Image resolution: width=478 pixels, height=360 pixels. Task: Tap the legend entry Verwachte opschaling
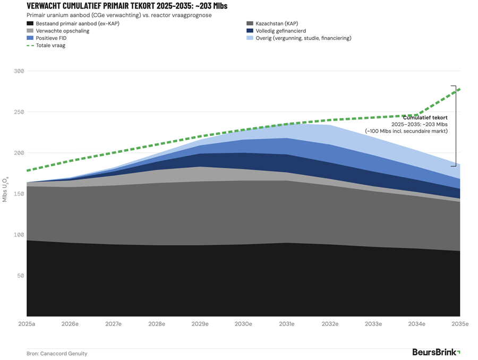pyautogui.click(x=62, y=31)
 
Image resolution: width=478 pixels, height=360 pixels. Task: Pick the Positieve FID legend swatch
pyautogui.click(x=30, y=38)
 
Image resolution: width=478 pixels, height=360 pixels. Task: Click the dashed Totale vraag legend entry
pyautogui.click(x=50, y=46)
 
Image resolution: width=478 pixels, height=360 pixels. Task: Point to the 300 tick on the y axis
pyautogui.click(x=19, y=71)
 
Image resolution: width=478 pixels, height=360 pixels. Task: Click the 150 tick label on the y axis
pyautogui.click(x=19, y=194)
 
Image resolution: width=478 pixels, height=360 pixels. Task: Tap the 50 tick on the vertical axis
pyautogui.click(x=21, y=276)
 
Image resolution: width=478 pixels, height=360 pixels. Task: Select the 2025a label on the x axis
pyautogui.click(x=27, y=324)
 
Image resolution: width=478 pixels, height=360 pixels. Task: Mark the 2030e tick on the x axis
pyautogui.click(x=243, y=324)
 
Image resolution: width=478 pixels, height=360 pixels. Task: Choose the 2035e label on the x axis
pyautogui.click(x=459, y=324)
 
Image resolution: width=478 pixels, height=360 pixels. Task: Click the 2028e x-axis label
pyautogui.click(x=157, y=324)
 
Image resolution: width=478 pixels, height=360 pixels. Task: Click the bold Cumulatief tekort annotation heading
pyautogui.click(x=425, y=117)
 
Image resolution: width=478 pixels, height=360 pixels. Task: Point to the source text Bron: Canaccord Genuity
pyautogui.click(x=57, y=354)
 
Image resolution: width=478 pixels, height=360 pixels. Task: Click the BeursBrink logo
pyautogui.click(x=436, y=352)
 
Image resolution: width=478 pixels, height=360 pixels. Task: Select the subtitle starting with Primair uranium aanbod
pyautogui.click(x=119, y=15)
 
